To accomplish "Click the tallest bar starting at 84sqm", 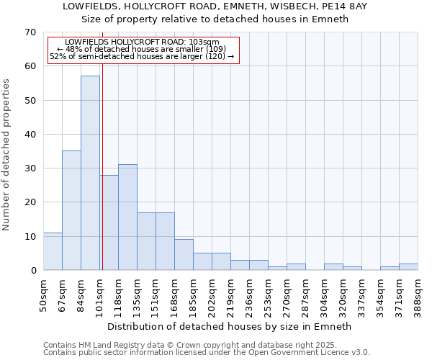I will [90, 173].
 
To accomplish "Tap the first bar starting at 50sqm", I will [53, 251].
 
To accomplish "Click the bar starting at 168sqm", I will [184, 255].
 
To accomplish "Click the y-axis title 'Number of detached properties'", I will [7, 155].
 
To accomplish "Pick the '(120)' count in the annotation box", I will [215, 56].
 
